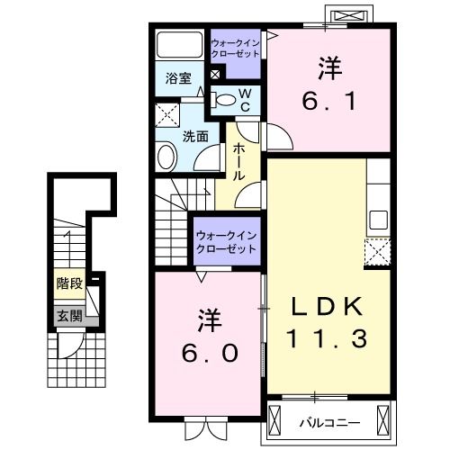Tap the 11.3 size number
326,340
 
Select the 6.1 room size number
329,102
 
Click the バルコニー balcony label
335,420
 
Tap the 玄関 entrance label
69,316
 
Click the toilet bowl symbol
225,99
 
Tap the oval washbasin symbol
167,159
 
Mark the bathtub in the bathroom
179,45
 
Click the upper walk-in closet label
235,48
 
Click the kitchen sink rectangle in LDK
378,220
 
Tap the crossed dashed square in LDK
376,250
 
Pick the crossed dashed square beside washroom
167,115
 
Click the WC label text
243,100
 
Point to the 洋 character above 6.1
328,67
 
